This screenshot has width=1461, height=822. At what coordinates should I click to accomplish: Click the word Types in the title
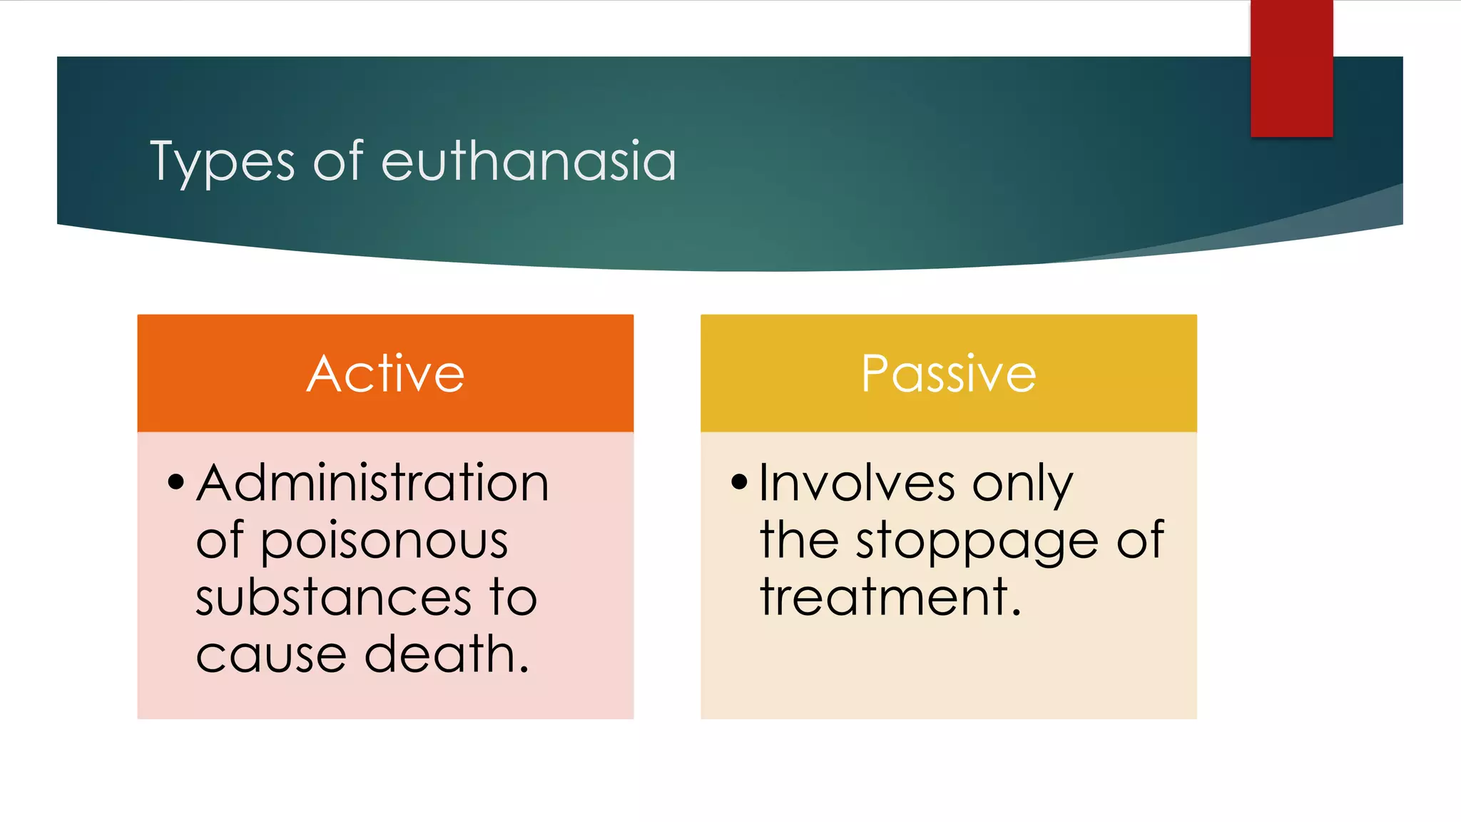(x=222, y=163)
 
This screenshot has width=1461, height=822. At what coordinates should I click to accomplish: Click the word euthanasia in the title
(x=529, y=161)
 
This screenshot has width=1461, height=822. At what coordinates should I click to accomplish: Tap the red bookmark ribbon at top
(x=1291, y=68)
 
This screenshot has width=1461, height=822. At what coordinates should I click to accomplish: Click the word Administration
(x=372, y=483)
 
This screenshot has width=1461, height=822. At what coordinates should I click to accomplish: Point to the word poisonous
(x=384, y=540)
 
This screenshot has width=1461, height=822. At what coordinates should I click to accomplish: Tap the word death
(x=447, y=654)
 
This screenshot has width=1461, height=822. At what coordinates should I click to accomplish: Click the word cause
(x=271, y=656)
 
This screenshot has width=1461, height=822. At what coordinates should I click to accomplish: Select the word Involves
(x=857, y=483)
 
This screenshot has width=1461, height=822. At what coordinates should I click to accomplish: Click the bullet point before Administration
(x=175, y=482)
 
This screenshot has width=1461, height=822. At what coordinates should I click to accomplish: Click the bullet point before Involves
(x=739, y=482)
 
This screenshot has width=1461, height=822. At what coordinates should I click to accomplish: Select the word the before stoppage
(x=799, y=540)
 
